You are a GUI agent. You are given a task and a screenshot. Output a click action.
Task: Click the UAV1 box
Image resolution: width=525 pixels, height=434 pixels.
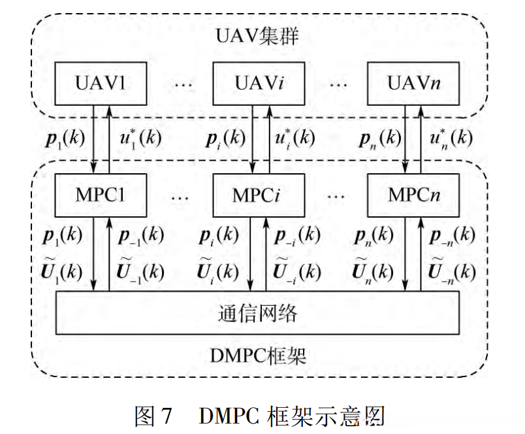[101, 84]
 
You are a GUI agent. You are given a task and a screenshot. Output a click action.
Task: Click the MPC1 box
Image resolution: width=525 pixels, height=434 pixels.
[101, 195]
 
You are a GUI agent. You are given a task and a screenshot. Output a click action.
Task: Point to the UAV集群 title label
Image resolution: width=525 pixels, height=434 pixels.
[257, 37]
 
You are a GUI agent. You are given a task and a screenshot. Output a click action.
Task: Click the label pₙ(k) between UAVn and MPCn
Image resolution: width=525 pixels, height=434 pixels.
[375, 139]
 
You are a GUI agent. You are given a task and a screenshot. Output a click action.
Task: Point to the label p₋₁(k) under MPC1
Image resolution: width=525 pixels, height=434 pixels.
[141, 236]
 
